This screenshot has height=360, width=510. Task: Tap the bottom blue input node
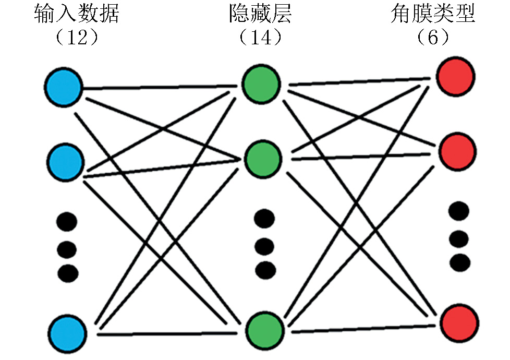point(67,332)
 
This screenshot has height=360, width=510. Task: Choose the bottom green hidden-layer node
point(264,330)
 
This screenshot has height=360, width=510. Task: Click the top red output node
point(455,77)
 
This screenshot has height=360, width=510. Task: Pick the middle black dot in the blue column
point(67,249)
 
